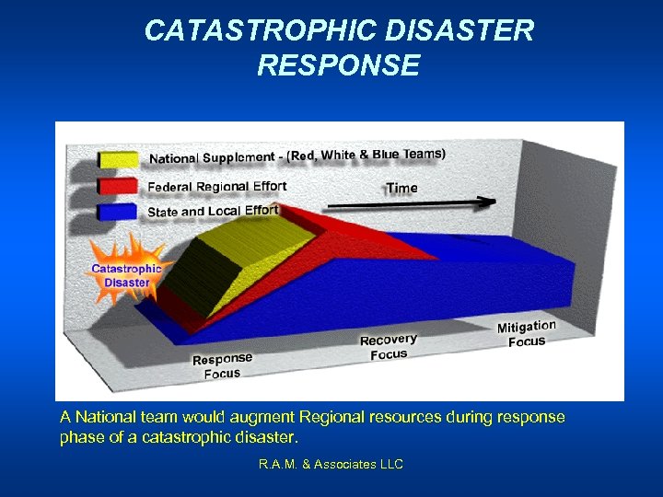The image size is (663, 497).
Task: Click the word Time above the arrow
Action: pos(401,188)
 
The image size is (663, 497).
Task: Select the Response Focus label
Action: pos(222,365)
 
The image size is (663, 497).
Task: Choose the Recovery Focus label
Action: pos(388,347)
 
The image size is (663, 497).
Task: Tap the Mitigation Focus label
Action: pos(527,333)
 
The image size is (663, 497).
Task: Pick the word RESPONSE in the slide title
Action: pos(338,65)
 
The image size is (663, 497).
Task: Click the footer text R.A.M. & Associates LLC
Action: pos(331,465)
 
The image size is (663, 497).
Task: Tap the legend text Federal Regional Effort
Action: pos(217,187)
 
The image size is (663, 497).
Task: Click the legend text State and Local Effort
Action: pos(213,211)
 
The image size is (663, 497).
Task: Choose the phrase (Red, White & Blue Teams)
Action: pos(366,155)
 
